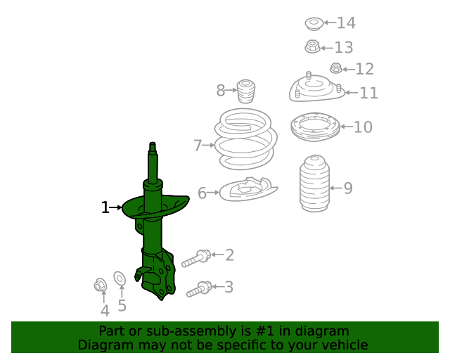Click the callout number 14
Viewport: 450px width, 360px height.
347,22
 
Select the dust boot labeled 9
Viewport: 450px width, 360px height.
314,184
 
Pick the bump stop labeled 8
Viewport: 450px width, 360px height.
245,91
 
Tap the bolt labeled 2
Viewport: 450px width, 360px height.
196,259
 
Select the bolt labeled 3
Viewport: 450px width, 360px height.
199,290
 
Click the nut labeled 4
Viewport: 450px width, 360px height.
101,285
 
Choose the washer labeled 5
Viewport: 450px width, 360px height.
120,278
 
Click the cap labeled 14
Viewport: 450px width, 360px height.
314,24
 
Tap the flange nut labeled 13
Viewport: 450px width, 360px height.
312,46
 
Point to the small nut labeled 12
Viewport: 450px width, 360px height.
336,68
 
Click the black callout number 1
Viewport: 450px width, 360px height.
105,207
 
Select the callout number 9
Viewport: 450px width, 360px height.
348,188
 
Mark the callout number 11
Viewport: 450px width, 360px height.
368,93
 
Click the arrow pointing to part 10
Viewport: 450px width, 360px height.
347,127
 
